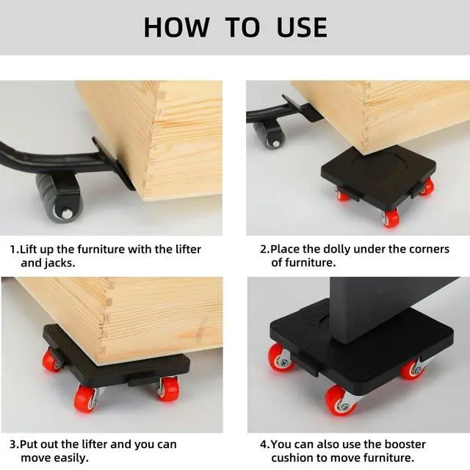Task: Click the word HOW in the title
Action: [x=176, y=27]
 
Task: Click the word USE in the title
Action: [x=302, y=27]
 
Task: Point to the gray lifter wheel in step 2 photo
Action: [x=270, y=135]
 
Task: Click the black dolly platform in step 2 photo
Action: [x=378, y=177]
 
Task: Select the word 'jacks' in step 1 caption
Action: [x=59, y=263]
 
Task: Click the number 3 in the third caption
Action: [x=13, y=444]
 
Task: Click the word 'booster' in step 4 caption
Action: [x=404, y=444]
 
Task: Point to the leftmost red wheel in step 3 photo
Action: [x=51, y=360]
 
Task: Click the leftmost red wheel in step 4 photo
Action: [x=280, y=358]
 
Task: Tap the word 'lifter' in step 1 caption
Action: [x=188, y=250]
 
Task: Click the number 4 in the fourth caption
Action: [x=263, y=444]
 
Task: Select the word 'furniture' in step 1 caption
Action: [x=99, y=250]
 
